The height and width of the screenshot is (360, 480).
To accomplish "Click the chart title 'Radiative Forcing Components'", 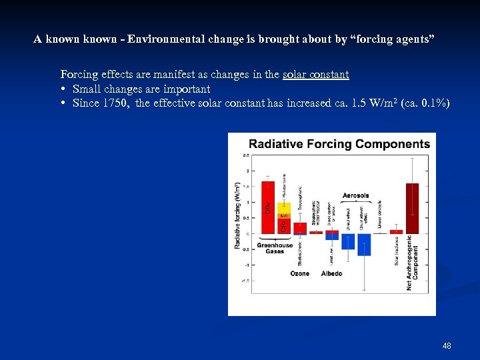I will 339,144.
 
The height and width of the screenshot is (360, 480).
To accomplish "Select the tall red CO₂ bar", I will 268,207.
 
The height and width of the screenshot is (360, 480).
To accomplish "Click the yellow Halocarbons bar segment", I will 283,207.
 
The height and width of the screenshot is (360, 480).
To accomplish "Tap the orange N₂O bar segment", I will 283,216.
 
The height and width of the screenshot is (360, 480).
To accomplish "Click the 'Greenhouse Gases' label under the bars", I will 275,249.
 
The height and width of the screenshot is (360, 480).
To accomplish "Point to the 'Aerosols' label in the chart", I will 355,196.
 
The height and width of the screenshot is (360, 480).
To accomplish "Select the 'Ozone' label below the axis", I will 300,273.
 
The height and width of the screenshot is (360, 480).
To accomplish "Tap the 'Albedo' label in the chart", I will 331,273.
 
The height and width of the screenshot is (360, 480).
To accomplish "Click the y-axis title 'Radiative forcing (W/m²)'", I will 238,215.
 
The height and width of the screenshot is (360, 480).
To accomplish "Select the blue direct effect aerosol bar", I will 348,241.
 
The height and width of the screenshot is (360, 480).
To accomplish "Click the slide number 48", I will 447,346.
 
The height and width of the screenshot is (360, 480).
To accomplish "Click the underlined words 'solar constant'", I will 315,75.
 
